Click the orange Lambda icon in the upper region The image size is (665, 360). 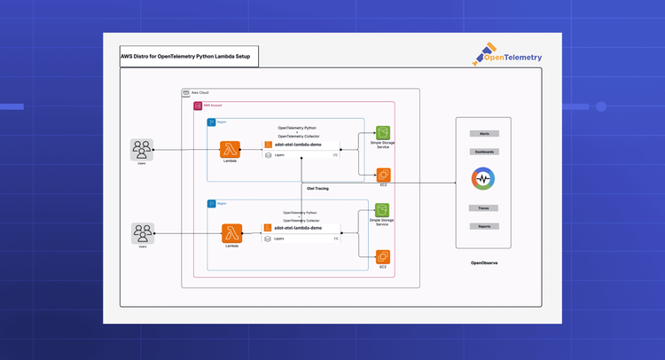point(231,150)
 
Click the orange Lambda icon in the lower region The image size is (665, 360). point(232,233)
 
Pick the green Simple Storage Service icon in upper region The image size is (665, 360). point(383,133)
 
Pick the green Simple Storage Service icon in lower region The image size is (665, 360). point(383,210)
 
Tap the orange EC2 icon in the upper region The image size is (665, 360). point(383,175)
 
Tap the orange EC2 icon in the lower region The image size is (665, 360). point(383,257)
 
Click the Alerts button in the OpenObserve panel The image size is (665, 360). point(484,134)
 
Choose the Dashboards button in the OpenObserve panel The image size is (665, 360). point(484,152)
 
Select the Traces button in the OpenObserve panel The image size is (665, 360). point(484,207)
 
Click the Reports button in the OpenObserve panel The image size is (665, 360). point(484,225)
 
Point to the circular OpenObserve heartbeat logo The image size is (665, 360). point(483,179)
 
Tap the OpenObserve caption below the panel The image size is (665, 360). point(484,263)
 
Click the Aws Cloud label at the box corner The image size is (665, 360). point(199,93)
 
